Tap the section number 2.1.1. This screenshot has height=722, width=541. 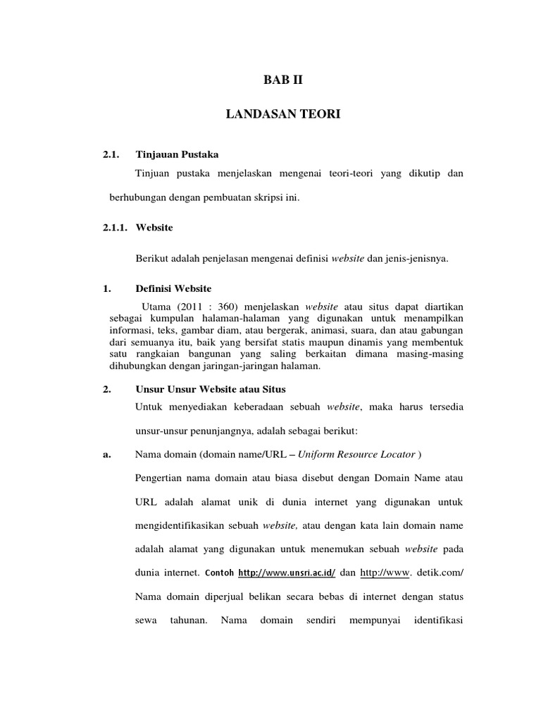[x=116, y=228]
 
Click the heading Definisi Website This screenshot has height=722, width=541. [x=173, y=289]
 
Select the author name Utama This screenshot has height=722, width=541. [x=155, y=307]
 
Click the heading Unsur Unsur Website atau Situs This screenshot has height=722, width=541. [x=211, y=389]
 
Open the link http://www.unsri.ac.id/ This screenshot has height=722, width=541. [x=287, y=573]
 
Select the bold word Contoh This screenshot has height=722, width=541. [x=220, y=573]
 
